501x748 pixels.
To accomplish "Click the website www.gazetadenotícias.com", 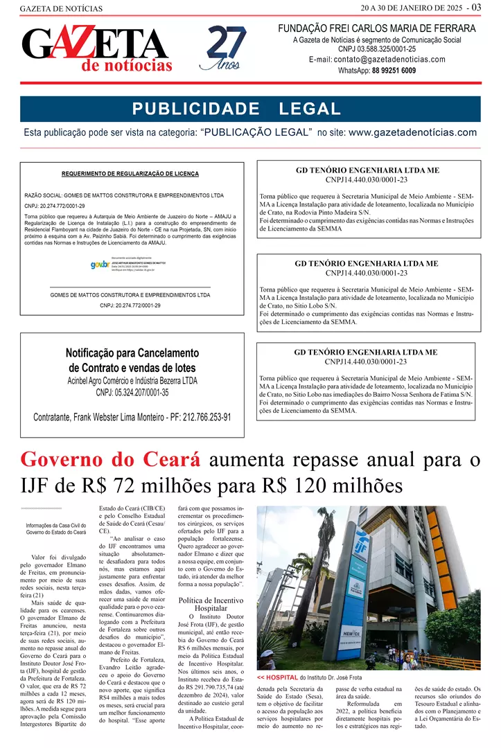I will pyautogui.click(x=412, y=132).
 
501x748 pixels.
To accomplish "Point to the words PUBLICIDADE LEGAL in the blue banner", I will pyautogui.click(x=236, y=109).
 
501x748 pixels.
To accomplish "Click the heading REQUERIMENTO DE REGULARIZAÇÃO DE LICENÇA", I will pyautogui.click(x=130, y=173).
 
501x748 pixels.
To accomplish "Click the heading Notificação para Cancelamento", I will pyautogui.click(x=132, y=353).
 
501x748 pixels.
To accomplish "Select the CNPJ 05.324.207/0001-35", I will pyautogui.click(x=132, y=393).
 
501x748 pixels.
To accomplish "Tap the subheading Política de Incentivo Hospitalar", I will pyautogui.click(x=211, y=604).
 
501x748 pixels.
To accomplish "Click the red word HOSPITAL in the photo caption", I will pyautogui.click(x=281, y=677).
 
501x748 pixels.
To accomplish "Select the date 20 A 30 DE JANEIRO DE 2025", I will pyautogui.click(x=411, y=8).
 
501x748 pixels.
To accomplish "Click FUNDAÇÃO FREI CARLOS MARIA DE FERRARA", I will pyautogui.click(x=377, y=28).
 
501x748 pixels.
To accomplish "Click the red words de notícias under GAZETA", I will pyautogui.click(x=127, y=66).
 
